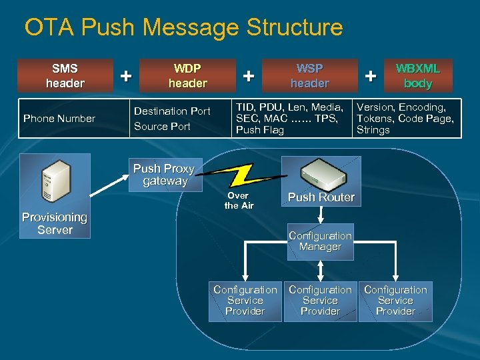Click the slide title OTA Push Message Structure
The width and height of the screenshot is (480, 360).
183,28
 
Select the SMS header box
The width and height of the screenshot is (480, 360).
65,76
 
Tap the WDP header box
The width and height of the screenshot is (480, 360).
187,76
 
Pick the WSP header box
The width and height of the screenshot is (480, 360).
309,76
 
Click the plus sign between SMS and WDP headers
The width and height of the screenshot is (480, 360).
125,76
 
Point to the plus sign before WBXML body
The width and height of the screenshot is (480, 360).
371,76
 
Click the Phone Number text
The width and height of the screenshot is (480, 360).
59,119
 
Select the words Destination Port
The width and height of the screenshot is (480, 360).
172,111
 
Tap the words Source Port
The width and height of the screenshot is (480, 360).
162,126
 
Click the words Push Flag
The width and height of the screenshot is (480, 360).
259,130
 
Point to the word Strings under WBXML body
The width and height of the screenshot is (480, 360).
373,130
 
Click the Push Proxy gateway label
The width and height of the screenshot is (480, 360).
164,175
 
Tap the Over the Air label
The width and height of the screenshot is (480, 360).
239,201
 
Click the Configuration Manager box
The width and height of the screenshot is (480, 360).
320,241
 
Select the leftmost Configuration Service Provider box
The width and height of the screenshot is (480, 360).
245,301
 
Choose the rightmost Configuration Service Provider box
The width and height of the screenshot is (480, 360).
395,301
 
